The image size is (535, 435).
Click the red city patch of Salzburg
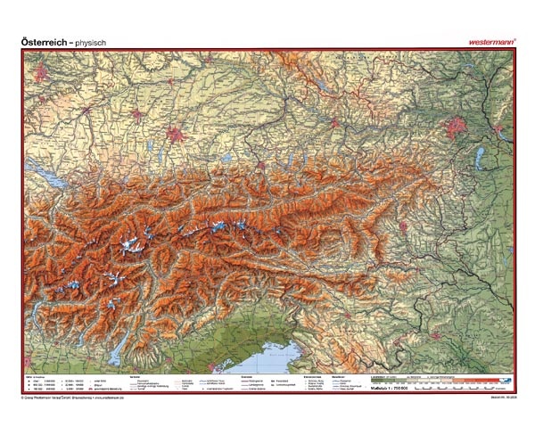click(260, 165)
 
